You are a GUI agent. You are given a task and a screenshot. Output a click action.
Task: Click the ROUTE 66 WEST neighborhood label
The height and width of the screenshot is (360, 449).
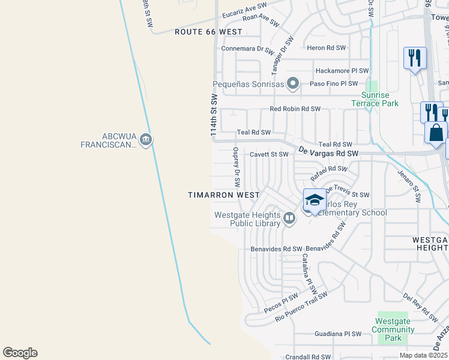pos(208,32)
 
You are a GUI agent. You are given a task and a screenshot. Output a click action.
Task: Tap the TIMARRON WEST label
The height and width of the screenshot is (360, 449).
pos(223,195)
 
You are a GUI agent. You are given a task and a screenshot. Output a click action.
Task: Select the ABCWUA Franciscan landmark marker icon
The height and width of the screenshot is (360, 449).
pos(146,140)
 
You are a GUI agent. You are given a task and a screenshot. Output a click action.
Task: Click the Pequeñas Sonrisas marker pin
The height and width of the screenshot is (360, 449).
pos(293,83)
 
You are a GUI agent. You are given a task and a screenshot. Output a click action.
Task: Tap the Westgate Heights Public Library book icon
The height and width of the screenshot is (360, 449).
pos(289,218)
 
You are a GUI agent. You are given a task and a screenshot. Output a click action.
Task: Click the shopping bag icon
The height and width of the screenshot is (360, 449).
pos(436,133)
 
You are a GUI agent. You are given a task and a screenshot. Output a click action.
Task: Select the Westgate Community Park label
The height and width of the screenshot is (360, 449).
pos(393,330)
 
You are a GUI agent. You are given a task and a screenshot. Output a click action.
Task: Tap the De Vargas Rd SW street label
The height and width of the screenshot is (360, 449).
pos(328,154)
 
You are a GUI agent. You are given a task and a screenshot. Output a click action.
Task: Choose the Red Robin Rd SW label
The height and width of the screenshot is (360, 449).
pos(295,109)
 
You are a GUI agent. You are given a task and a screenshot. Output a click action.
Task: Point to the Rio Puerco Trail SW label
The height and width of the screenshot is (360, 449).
pos(301,307)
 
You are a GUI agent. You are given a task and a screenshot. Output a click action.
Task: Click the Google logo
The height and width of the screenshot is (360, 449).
pos(20,353)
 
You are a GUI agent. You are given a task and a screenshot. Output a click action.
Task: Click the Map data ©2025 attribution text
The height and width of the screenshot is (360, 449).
pos(423,355)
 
